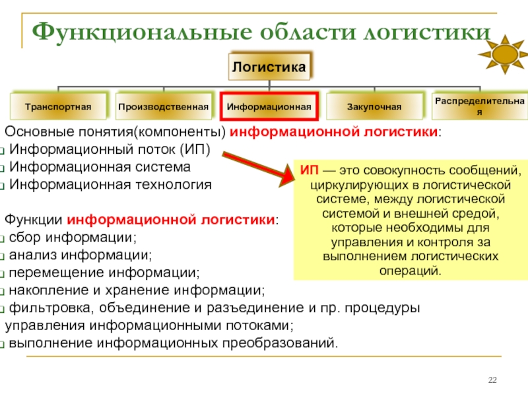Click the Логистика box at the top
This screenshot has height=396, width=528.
(x=269, y=67)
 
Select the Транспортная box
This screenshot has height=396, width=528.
(x=58, y=106)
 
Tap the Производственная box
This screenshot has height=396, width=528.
(x=164, y=106)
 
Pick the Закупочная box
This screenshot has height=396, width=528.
(x=374, y=106)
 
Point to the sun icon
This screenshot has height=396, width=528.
(x=504, y=53)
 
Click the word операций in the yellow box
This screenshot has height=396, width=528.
(x=410, y=271)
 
